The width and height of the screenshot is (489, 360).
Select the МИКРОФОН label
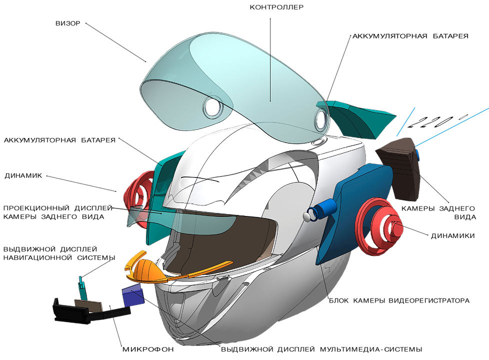148,348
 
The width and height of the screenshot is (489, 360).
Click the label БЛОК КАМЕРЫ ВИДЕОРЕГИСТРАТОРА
398,301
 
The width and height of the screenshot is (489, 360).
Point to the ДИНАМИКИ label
452,235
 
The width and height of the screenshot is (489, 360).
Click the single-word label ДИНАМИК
24,176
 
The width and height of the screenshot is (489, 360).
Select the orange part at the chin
144,270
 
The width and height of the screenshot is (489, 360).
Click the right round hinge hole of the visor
320,119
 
